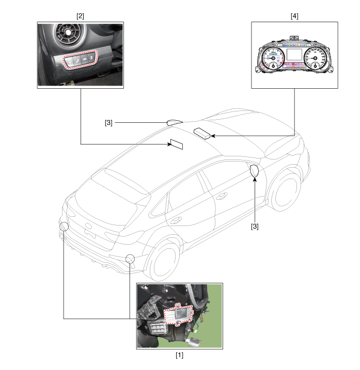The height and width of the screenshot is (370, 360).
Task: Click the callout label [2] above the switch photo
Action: tap(80, 16)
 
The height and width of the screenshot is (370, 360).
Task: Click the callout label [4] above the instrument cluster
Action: tap(294, 16)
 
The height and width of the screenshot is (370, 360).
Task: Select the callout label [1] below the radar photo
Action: tap(179, 355)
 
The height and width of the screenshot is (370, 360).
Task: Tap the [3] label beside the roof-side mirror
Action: tap(108, 123)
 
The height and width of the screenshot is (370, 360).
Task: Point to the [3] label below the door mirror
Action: tap(255, 227)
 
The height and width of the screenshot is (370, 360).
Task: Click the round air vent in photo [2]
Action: tap(67, 33)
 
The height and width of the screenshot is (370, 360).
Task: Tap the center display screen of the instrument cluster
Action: tap(294, 55)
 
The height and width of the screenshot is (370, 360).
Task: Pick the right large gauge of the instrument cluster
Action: tap(315, 58)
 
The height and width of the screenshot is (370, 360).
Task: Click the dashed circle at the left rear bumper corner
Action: tap(64, 227)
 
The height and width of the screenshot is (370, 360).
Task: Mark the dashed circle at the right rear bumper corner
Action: tap(130, 259)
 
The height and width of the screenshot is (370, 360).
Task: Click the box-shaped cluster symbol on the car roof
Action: tap(202, 134)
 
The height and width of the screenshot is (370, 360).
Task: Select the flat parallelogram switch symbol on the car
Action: tap(177, 144)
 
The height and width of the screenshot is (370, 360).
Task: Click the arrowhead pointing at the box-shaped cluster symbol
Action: tap(213, 136)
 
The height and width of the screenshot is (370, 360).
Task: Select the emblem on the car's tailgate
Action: tap(88, 226)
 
